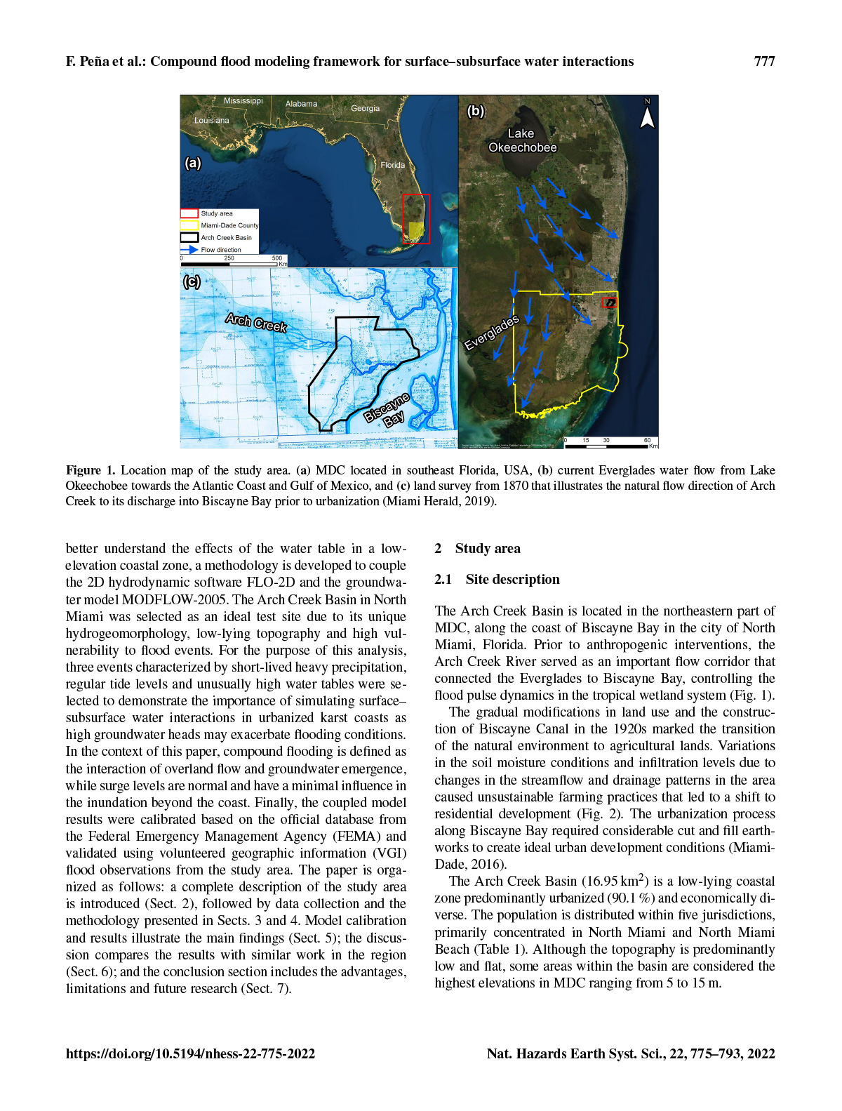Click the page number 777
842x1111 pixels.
coord(764,62)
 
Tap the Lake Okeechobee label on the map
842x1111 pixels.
coord(522,140)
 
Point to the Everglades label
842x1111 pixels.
coord(492,332)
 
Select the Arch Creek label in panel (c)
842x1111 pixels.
coord(256,322)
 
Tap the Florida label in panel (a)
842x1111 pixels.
coord(392,165)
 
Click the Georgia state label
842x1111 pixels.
coord(365,108)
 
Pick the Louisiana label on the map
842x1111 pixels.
coord(211,120)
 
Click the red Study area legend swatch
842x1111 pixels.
coord(189,213)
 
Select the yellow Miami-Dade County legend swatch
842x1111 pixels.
coord(189,225)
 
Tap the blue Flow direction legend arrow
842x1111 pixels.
coord(189,249)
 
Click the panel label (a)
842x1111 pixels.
coord(192,163)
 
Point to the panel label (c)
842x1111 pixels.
coord(192,281)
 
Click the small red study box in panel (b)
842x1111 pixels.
coord(610,302)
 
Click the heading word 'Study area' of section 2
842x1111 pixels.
coord(488,549)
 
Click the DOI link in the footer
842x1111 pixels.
coord(190,1053)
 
